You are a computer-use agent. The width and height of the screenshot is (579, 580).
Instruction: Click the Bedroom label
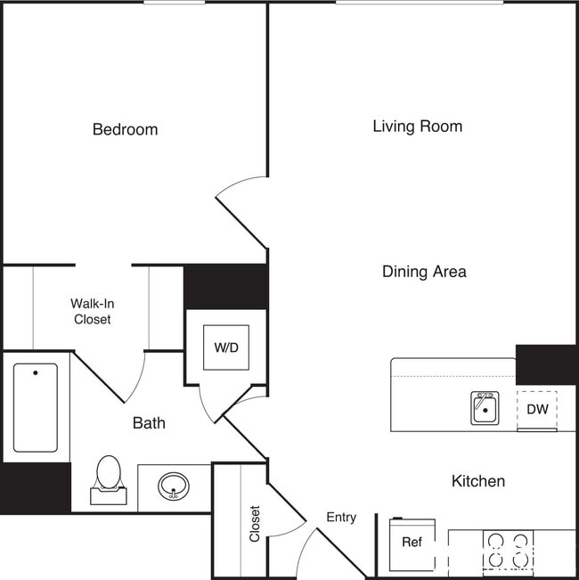pyautogui.click(x=125, y=130)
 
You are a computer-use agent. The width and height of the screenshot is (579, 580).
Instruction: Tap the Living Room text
pyautogui.click(x=417, y=127)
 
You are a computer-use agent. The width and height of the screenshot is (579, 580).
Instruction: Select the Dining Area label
pyautogui.click(x=424, y=272)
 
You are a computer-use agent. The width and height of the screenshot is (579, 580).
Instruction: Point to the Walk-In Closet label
pyautogui.click(x=92, y=311)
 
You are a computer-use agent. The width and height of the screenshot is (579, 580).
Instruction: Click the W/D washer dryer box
pyautogui.click(x=226, y=347)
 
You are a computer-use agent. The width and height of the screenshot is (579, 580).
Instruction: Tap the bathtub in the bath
pyautogui.click(x=35, y=407)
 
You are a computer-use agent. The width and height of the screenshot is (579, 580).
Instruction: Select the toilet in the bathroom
pyautogui.click(x=109, y=479)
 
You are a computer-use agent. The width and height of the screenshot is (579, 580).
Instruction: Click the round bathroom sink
pyautogui.click(x=174, y=486)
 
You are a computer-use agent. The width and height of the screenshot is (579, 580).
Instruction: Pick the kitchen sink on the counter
pyautogui.click(x=485, y=409)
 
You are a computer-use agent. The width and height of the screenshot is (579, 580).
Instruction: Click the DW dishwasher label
pyautogui.click(x=537, y=410)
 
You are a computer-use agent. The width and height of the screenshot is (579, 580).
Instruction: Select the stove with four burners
pyautogui.click(x=508, y=550)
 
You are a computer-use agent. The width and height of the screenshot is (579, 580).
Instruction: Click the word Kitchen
pyautogui.click(x=477, y=481)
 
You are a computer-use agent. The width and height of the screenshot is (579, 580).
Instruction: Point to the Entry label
pyautogui.click(x=341, y=518)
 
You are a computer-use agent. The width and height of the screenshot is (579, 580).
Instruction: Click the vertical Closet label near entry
pyautogui.click(x=255, y=524)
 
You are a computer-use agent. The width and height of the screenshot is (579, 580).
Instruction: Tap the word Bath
pyautogui.click(x=149, y=423)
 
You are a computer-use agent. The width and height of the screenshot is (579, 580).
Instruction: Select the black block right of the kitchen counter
pyautogui.click(x=545, y=364)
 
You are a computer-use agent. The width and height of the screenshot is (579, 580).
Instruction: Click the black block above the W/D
pyautogui.click(x=225, y=286)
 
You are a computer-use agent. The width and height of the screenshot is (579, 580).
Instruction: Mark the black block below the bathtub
pyautogui.click(x=35, y=487)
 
